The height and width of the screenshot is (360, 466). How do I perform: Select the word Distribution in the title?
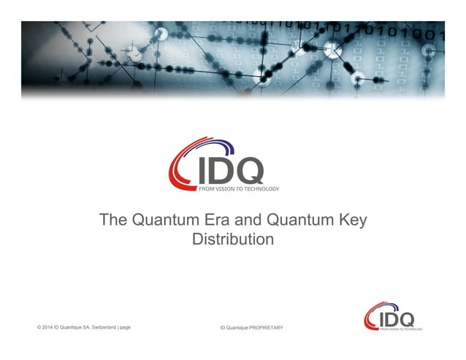tap(233, 239)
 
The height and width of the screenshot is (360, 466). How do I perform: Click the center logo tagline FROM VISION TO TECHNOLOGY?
tap(238, 188)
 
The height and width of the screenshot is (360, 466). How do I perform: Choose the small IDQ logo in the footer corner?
tap(392, 317)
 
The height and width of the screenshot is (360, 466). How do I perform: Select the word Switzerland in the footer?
tap(102, 326)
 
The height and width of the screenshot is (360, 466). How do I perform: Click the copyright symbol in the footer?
tap(39, 326)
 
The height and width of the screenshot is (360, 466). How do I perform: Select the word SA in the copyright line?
tap(85, 326)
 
